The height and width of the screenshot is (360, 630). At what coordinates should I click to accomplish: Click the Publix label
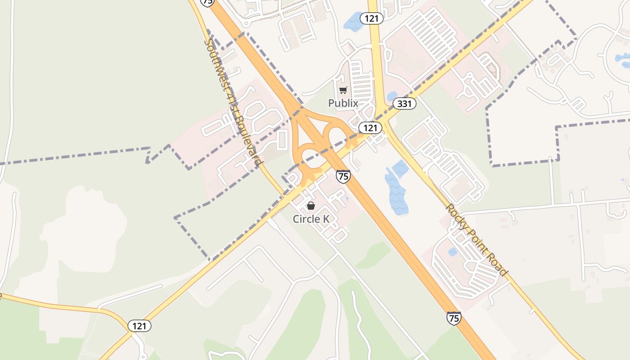pyautogui.click(x=343, y=103)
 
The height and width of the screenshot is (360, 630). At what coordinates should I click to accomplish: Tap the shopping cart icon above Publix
pyautogui.click(x=343, y=90)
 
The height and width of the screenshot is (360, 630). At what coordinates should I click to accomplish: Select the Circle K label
pyautogui.click(x=311, y=219)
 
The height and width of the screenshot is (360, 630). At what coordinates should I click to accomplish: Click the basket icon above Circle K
pyautogui.click(x=310, y=206)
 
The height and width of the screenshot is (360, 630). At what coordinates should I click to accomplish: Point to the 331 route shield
pyautogui.click(x=404, y=104)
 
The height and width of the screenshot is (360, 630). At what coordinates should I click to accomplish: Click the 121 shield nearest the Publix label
pyautogui.click(x=370, y=128)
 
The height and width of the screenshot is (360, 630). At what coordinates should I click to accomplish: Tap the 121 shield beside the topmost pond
pyautogui.click(x=371, y=18)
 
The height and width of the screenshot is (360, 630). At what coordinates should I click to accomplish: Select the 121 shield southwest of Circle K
pyautogui.click(x=139, y=326)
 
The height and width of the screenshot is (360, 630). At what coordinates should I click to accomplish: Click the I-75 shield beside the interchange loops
pyautogui.click(x=343, y=176)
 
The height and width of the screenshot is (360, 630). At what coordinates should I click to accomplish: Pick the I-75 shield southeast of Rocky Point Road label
pyautogui.click(x=454, y=318)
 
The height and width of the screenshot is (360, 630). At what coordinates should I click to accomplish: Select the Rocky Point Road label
pyautogui.click(x=476, y=240)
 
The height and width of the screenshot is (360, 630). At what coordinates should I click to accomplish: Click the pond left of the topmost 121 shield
pyautogui.click(x=354, y=22)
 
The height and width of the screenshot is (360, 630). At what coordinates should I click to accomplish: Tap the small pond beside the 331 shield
pyautogui.click(x=391, y=96)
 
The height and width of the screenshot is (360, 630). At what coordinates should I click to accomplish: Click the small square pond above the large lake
pyautogui.click(x=400, y=169)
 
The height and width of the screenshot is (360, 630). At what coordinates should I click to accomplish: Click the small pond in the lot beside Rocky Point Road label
pyautogui.click(x=452, y=252)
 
